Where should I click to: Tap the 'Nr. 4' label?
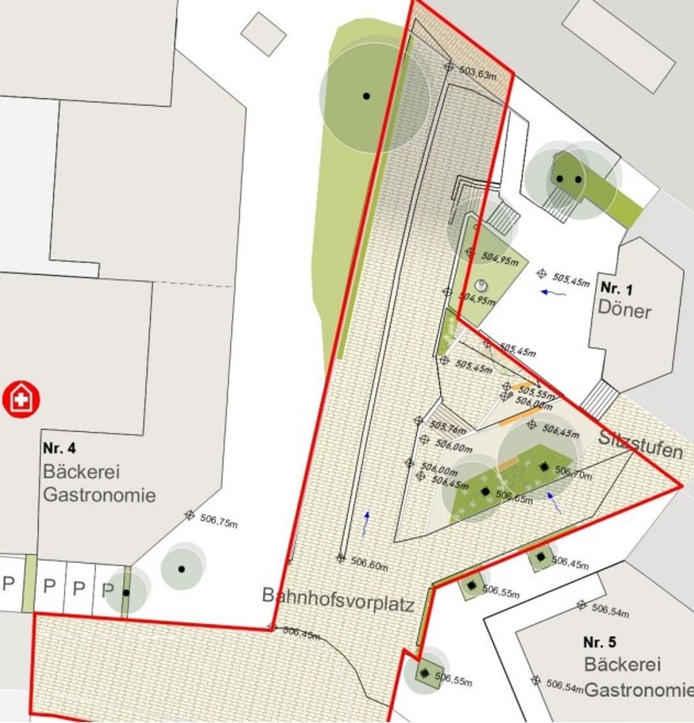[60, 448]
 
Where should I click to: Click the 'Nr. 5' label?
[600, 642]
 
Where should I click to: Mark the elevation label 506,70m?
[574, 474]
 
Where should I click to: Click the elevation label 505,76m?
[448, 428]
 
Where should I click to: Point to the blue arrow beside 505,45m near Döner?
[554, 293]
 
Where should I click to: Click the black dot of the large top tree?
[367, 96]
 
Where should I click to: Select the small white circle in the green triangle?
[480, 285]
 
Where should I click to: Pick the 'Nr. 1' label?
[616, 288]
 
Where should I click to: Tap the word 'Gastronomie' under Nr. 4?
[99, 494]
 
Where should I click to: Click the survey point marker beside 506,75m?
[189, 514]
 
